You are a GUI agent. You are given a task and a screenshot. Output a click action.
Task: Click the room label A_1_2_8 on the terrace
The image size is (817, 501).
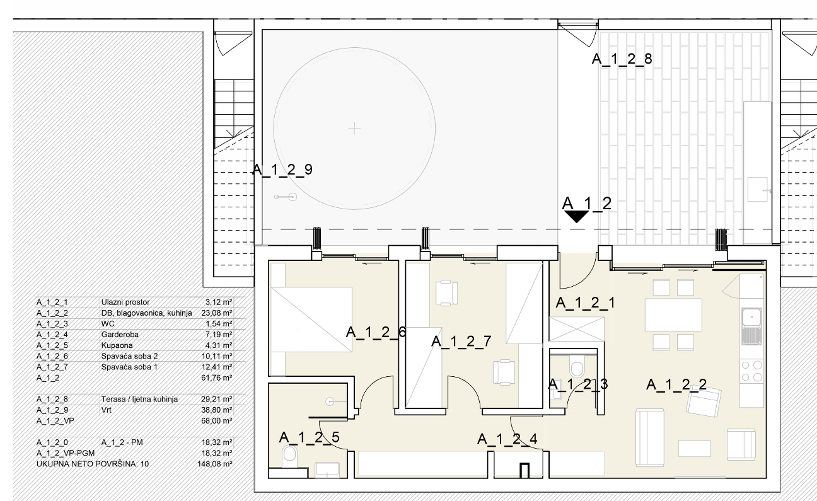pyautogui.click(x=622, y=59)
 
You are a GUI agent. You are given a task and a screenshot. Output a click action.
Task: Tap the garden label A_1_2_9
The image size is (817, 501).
pyautogui.click(x=282, y=170)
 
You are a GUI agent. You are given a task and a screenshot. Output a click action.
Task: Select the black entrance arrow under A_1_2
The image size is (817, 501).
pyautogui.click(x=576, y=217)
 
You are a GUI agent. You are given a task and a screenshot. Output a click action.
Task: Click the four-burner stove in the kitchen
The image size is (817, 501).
pyautogui.click(x=751, y=371)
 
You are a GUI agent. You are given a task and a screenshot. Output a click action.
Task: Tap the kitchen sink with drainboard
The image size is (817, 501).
pyautogui.click(x=751, y=326)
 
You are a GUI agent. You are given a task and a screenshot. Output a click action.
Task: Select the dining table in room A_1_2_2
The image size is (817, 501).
pyautogui.click(x=673, y=314)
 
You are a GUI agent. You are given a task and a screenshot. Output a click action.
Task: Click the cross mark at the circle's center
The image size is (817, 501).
pyautogui.click(x=354, y=129)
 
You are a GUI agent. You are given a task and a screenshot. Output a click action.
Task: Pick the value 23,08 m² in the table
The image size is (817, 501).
pyautogui.click(x=217, y=313)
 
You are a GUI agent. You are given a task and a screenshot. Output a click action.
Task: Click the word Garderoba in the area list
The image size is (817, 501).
pyautogui.click(x=120, y=335)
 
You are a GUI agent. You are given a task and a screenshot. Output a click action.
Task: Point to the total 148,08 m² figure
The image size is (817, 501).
pyautogui.click(x=215, y=464)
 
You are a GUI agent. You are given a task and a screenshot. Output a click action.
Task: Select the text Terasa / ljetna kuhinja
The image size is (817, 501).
pyautogui.click(x=140, y=400)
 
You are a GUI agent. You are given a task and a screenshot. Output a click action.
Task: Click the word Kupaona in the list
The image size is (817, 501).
pyautogui.click(x=117, y=345)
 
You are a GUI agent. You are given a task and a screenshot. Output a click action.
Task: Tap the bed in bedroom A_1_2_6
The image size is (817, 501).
pyautogui.click(x=310, y=320)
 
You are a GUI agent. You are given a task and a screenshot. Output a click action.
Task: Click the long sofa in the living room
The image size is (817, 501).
pyautogui.click(x=649, y=437)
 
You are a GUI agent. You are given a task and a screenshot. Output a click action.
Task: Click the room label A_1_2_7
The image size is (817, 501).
pyautogui.click(x=461, y=342)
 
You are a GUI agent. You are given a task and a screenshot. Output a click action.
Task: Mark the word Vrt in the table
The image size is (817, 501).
pyautogui.click(x=106, y=410)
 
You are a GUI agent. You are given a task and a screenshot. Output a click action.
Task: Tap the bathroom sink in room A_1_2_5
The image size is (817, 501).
pyautogui.click(x=327, y=469)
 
